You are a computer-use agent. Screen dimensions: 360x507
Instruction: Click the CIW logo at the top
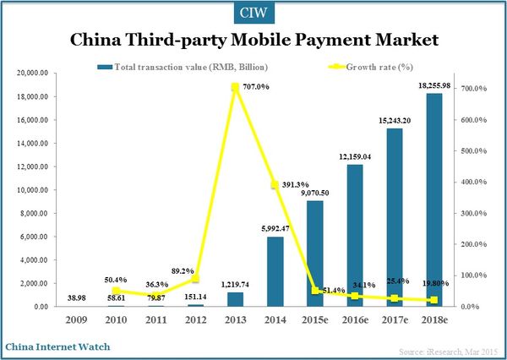click(x=253, y=13)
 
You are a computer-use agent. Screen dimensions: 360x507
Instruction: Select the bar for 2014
click(x=275, y=271)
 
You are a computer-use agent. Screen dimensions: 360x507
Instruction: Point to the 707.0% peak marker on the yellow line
click(x=236, y=87)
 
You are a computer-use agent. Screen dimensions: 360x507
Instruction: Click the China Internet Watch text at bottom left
click(x=57, y=346)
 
